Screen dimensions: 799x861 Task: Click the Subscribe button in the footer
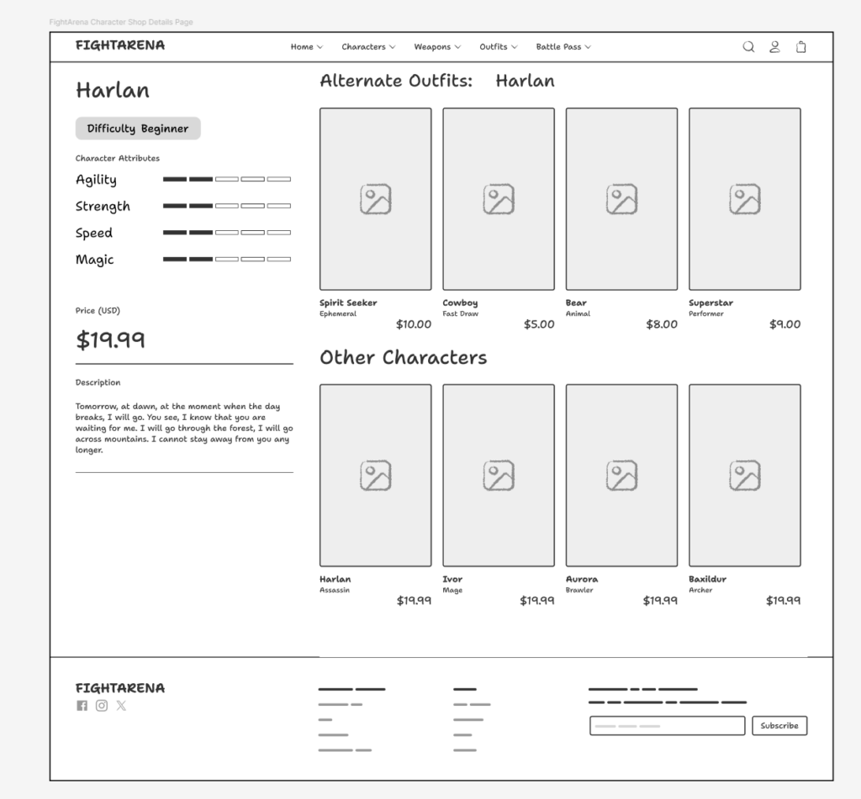click(x=779, y=725)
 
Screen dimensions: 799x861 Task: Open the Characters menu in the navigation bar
click(x=367, y=47)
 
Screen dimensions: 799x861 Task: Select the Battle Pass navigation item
click(x=563, y=47)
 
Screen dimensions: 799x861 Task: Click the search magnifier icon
click(x=748, y=47)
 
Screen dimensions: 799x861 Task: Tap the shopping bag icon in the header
click(x=800, y=47)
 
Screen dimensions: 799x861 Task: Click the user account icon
click(x=774, y=47)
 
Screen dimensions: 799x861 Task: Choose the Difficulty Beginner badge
click(x=138, y=129)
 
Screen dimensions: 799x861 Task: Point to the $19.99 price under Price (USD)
click(x=111, y=339)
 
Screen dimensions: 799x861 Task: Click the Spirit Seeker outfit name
click(x=348, y=302)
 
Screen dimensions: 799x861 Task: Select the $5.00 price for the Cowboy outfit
click(x=538, y=324)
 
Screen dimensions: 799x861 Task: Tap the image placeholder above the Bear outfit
click(x=621, y=199)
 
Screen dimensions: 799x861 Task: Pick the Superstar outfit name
click(x=710, y=302)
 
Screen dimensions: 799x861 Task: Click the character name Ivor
click(x=452, y=579)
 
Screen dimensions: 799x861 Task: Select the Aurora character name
click(x=582, y=579)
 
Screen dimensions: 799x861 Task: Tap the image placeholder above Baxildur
click(x=744, y=476)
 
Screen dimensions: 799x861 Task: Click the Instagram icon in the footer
click(x=102, y=706)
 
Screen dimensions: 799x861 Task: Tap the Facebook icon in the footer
click(x=82, y=706)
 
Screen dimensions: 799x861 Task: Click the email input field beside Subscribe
click(x=667, y=725)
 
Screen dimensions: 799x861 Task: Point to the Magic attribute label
click(x=94, y=260)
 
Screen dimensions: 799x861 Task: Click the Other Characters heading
click(x=403, y=357)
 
